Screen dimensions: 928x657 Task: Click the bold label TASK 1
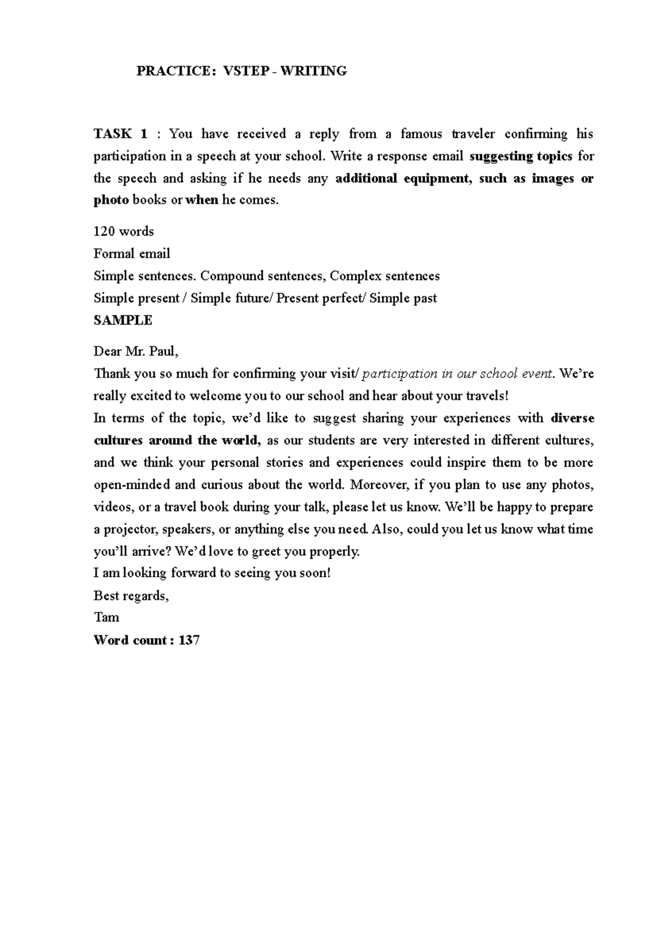[120, 134]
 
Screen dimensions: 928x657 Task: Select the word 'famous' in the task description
[421, 134]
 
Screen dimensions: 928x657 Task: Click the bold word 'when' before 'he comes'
[202, 200]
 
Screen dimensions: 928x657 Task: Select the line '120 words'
[124, 231]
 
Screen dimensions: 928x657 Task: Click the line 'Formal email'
[132, 254]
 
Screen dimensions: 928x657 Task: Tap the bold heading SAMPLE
[123, 321]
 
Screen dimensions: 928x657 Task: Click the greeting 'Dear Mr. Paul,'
[136, 351]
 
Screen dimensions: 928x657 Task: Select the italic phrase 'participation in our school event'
[458, 374]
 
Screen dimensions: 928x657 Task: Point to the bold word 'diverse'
[572, 418]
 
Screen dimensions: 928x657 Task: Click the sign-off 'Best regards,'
[131, 595]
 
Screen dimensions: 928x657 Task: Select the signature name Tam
[106, 617]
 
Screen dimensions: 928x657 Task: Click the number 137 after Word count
[189, 640]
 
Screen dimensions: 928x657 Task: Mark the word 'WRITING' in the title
[313, 71]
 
